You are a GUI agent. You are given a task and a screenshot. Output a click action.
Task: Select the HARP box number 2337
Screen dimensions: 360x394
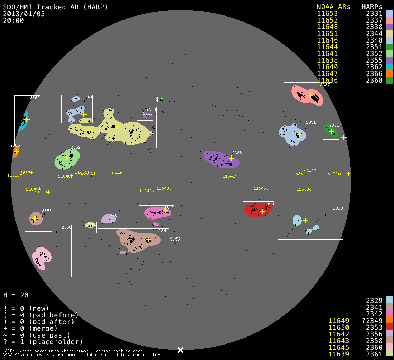tap(325, 85)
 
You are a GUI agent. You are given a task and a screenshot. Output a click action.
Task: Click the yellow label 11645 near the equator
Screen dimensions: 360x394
tap(261, 189)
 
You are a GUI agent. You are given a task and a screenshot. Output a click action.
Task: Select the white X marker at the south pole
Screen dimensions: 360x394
tap(180, 350)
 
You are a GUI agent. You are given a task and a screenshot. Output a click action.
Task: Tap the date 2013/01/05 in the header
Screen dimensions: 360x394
tap(24, 14)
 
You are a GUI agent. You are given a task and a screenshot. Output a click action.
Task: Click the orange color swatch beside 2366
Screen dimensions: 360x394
tap(389, 73)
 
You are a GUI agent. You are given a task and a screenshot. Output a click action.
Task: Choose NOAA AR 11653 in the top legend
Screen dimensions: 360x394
tap(327, 14)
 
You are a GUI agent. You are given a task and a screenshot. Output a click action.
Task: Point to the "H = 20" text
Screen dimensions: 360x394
tap(16, 295)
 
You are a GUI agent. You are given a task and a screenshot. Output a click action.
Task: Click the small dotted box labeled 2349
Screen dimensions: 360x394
tap(174, 238)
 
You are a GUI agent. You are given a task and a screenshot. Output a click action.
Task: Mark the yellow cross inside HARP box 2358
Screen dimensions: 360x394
tap(35, 219)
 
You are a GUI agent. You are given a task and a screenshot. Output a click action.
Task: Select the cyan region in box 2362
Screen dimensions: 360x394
tap(23, 121)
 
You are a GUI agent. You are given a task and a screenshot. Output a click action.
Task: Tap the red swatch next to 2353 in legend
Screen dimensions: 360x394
tap(389, 327)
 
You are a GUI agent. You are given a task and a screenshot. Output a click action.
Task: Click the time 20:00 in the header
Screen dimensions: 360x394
tap(13, 21)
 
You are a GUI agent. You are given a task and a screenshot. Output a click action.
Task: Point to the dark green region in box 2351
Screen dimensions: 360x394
tap(330, 131)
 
